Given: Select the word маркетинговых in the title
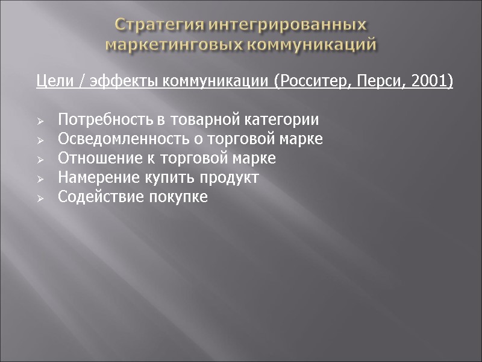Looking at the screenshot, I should (x=174, y=45).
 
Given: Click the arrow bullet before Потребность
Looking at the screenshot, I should (x=40, y=121).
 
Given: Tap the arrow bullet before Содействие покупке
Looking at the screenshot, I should (x=40, y=198).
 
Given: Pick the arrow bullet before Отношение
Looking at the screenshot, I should (x=40, y=159).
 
